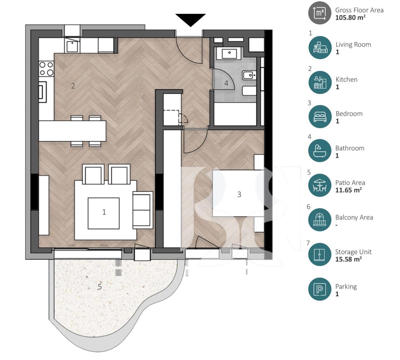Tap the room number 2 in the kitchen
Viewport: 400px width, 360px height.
[73, 86]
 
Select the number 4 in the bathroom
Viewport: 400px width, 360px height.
[226, 83]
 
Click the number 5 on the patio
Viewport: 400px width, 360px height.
[99, 287]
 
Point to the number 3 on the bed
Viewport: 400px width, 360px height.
[239, 194]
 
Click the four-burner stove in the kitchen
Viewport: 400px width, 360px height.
[46, 69]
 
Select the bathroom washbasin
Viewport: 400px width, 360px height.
[229, 54]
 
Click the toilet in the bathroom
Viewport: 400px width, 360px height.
[249, 76]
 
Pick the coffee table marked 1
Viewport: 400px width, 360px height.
[104, 213]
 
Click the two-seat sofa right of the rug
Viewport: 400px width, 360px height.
[143, 210]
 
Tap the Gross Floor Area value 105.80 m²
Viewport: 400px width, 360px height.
[350, 17]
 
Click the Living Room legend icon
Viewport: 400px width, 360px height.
[320, 48]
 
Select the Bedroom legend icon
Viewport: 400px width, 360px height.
[320, 117]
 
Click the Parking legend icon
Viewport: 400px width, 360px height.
[320, 289]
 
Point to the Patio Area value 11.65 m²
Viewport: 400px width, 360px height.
[349, 190]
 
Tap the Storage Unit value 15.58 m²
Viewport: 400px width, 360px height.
[349, 259]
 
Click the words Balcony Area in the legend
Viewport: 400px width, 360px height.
[354, 217]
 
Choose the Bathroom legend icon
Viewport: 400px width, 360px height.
[320, 151]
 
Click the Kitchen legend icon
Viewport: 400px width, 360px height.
[320, 82]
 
